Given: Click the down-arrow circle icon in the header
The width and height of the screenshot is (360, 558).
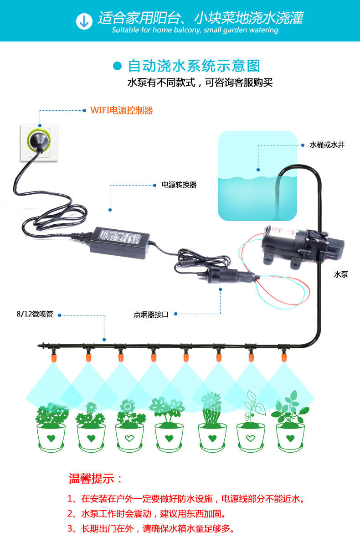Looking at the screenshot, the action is click(x=83, y=21).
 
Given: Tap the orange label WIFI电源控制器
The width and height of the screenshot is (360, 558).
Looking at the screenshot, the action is click(x=122, y=110).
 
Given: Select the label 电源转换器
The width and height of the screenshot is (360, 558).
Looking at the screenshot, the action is click(x=179, y=185).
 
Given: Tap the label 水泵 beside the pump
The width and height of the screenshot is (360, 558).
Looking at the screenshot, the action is click(x=341, y=274).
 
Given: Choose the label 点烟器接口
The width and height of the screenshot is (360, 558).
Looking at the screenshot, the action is click(x=151, y=315).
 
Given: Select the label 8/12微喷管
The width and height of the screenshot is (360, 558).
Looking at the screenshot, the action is click(x=35, y=315).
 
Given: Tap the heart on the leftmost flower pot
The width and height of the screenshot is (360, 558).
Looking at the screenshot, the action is click(x=51, y=439).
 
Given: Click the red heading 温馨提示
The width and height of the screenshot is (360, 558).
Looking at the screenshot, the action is click(x=96, y=479).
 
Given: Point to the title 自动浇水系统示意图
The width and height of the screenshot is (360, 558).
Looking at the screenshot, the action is click(x=194, y=66).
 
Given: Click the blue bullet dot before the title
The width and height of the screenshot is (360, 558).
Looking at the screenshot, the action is click(x=118, y=66).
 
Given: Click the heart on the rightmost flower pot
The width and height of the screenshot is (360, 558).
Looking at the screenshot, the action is click(x=290, y=439).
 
